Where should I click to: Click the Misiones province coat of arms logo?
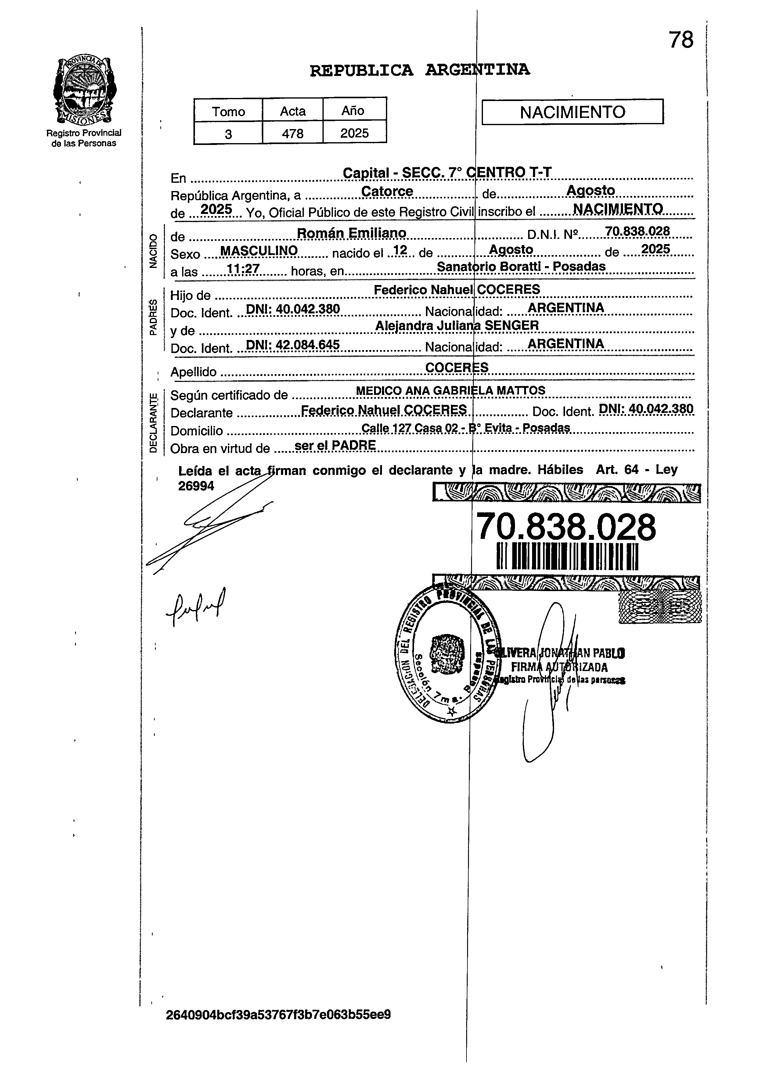85,90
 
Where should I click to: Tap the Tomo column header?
228,111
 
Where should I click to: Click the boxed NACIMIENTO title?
572,112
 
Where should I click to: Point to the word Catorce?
387,191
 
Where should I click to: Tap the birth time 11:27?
243,269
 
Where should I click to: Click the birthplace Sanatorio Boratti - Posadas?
521,266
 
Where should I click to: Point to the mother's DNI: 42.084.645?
293,345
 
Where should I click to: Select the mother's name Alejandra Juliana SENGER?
457,325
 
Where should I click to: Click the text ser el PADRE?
335,445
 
